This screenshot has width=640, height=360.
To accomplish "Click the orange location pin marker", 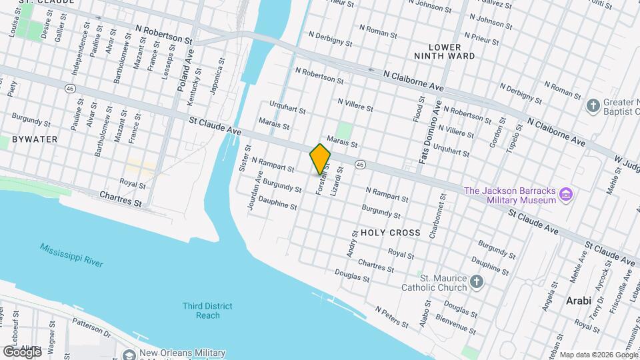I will (320, 159).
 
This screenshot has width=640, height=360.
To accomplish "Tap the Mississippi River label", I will (71, 255).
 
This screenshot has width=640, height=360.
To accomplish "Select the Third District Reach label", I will (208, 311).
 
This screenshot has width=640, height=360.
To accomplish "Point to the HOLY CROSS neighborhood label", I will (390, 233).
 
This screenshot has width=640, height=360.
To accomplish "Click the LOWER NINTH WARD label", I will (453, 51).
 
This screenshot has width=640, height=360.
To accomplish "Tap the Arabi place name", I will (579, 301).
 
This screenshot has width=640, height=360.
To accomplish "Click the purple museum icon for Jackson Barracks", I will (567, 195).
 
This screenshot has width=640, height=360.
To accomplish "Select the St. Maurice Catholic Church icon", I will (476, 282).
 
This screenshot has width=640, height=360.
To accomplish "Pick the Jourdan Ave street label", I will (255, 191).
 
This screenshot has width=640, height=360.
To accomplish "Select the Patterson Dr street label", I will (91, 325).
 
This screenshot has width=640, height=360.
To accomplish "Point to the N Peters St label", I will (391, 316).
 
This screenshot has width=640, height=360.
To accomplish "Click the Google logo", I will (21, 352).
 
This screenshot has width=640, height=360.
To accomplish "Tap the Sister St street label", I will (244, 159).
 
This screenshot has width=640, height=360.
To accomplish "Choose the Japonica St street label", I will (218, 77).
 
